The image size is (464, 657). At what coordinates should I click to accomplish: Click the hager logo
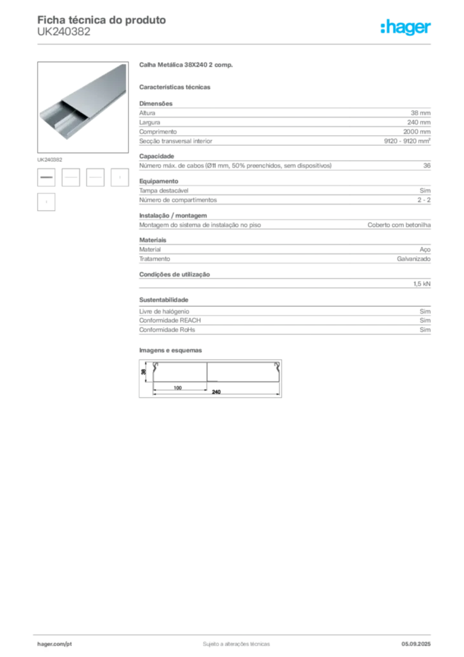(406, 28)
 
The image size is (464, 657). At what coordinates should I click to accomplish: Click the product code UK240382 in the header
(63, 32)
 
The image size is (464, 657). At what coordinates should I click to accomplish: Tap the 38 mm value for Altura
(420, 113)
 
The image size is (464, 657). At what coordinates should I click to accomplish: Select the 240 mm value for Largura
(418, 123)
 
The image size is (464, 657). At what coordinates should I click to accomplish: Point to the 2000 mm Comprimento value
(417, 132)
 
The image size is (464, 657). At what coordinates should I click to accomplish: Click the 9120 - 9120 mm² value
(407, 141)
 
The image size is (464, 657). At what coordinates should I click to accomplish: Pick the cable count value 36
(427, 166)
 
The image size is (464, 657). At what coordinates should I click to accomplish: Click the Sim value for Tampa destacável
(425, 191)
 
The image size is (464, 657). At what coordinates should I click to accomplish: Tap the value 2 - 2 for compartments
(424, 200)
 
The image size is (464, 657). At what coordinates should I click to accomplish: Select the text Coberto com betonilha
(399, 225)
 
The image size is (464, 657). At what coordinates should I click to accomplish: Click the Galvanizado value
(414, 259)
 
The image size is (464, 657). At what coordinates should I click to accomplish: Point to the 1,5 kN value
(422, 284)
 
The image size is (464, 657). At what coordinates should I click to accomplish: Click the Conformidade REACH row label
(170, 320)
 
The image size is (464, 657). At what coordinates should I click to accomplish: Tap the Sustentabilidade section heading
(163, 300)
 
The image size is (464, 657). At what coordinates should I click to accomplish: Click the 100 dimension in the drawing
(178, 388)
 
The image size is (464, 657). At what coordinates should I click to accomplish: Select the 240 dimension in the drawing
(217, 392)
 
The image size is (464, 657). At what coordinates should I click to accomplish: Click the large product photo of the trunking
(83, 107)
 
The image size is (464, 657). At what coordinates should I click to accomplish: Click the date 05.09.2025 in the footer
(416, 644)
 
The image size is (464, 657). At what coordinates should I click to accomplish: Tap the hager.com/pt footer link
(54, 644)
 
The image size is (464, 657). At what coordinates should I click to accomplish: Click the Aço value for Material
(425, 250)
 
